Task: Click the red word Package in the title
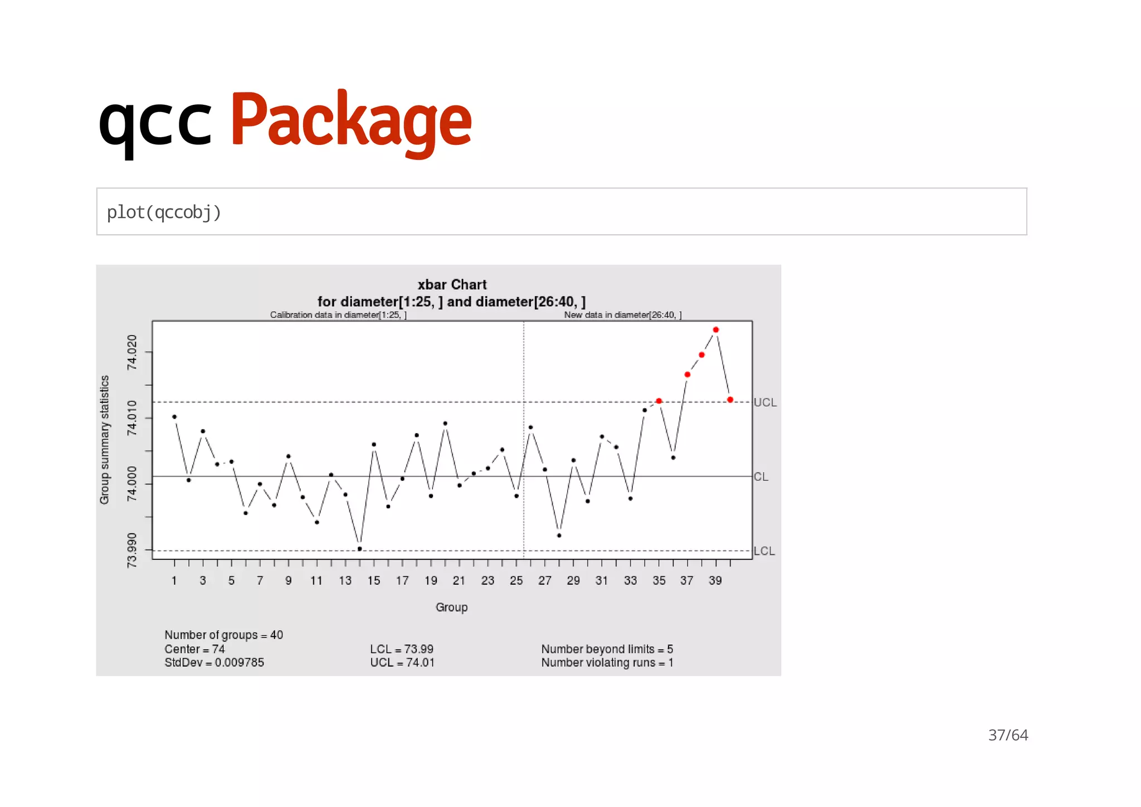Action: pyautogui.click(x=351, y=120)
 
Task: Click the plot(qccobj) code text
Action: pyautogui.click(x=164, y=212)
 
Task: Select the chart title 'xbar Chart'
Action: pyautogui.click(x=452, y=285)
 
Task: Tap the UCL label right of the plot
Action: pyautogui.click(x=765, y=402)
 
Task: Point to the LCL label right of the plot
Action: pyautogui.click(x=764, y=551)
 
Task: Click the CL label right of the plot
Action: pyautogui.click(x=760, y=477)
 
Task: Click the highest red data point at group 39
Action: pyautogui.click(x=716, y=330)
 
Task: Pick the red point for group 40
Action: pyautogui.click(x=730, y=400)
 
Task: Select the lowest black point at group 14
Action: pyautogui.click(x=359, y=549)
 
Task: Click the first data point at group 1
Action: pyautogui.click(x=174, y=417)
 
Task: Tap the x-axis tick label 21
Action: pyautogui.click(x=459, y=581)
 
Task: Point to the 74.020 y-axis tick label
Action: pyautogui.click(x=131, y=352)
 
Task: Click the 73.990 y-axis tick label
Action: pyautogui.click(x=131, y=550)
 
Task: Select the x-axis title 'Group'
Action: pyautogui.click(x=451, y=607)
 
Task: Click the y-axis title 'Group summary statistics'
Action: pyautogui.click(x=104, y=440)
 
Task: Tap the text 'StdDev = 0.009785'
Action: pyautogui.click(x=214, y=663)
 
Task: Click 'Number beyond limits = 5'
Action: pyautogui.click(x=607, y=649)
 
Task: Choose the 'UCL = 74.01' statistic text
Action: pyautogui.click(x=402, y=663)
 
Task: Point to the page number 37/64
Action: pyautogui.click(x=1008, y=735)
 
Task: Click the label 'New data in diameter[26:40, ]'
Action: pyautogui.click(x=622, y=315)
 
